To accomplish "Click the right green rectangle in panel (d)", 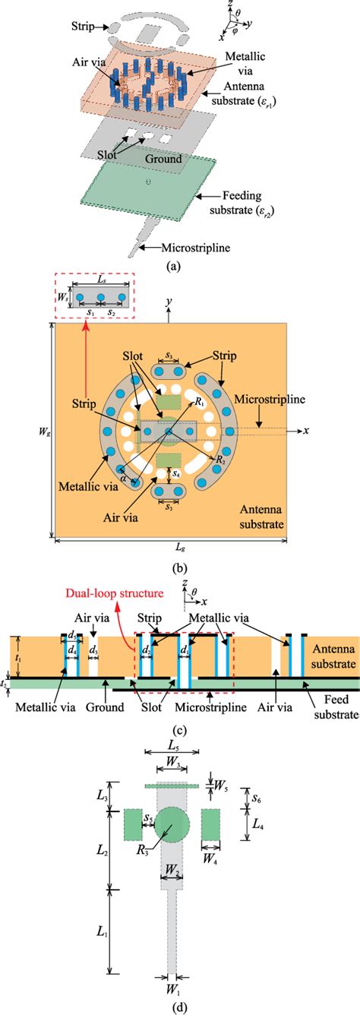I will (211, 825).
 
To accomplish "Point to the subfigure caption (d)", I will (178, 1004).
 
